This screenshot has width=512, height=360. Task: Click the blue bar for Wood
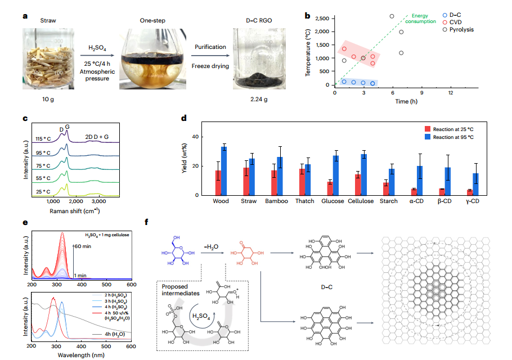224,171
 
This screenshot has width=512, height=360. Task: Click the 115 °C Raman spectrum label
43,138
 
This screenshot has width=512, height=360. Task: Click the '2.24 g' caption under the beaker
257,100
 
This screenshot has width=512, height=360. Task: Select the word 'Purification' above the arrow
213,48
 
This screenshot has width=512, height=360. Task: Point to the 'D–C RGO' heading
257,21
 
